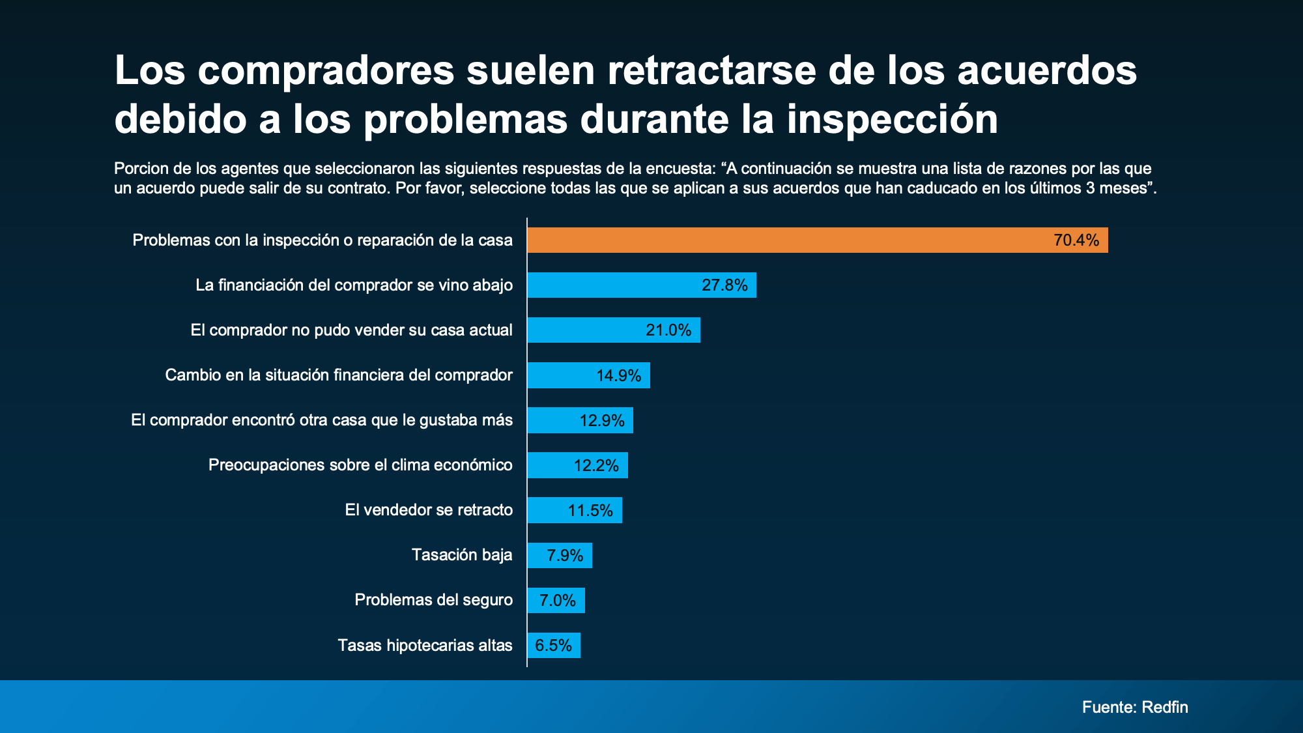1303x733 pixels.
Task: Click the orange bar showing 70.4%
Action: pyautogui.click(x=817, y=240)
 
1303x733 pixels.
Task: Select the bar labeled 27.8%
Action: pyautogui.click(x=642, y=285)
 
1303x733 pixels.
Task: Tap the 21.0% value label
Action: pyautogui.click(x=668, y=330)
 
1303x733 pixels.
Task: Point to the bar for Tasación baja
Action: pyautogui.click(x=560, y=555)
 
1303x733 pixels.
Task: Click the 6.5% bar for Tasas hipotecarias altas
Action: pyautogui.click(x=554, y=646)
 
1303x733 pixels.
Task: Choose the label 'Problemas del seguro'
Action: pyautogui.click(x=433, y=600)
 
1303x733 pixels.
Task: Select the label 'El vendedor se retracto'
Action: pyautogui.click(x=429, y=510)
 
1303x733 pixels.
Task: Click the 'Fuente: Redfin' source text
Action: pyautogui.click(x=1135, y=707)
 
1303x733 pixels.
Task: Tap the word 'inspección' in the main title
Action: pyautogui.click(x=892, y=119)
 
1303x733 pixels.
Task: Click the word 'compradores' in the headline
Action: pyautogui.click(x=326, y=70)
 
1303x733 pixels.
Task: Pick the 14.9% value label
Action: pyautogui.click(x=618, y=376)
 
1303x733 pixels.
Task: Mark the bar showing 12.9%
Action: pyautogui.click(x=580, y=420)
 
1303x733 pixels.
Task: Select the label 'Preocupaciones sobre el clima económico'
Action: pyautogui.click(x=360, y=465)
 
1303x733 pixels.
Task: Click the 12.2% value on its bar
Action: pyautogui.click(x=595, y=466)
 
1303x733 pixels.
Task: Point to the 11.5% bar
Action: pyautogui.click(x=575, y=510)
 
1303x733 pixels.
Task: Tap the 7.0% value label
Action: pyautogui.click(x=557, y=601)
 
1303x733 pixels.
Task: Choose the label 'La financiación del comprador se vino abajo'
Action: pyautogui.click(x=354, y=285)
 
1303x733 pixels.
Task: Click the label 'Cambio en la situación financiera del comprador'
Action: pyautogui.click(x=339, y=375)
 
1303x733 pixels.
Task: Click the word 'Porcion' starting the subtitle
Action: pyautogui.click(x=138, y=169)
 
